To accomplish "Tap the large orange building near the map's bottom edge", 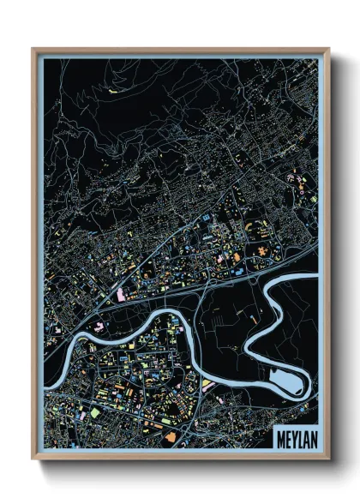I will [x=171, y=437].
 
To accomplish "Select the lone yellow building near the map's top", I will [x=111, y=88].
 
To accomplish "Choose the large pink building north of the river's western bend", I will [x=121, y=296].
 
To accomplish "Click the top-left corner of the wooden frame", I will [x=33, y=50].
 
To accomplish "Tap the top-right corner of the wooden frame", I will [x=328, y=50].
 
